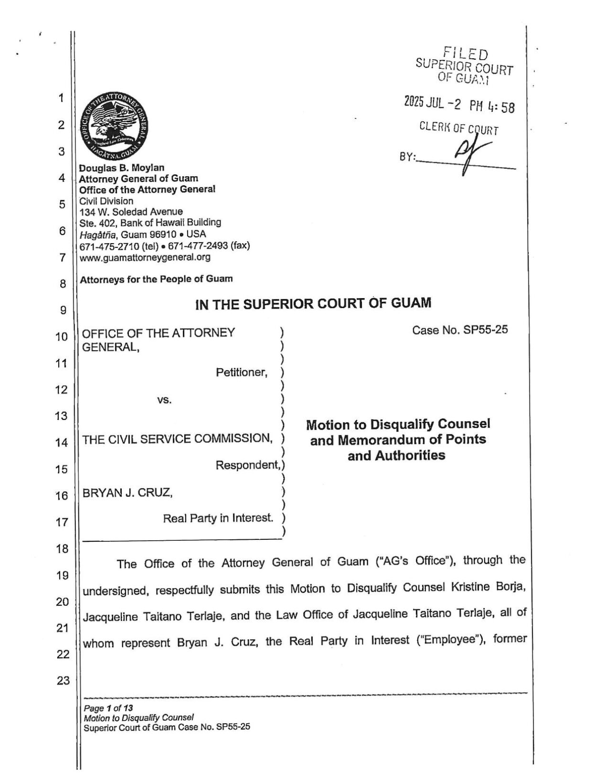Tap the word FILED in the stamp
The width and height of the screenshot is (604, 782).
click(x=465, y=54)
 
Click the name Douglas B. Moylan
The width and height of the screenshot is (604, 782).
click(x=122, y=168)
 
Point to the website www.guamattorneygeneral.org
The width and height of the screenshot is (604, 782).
click(x=145, y=257)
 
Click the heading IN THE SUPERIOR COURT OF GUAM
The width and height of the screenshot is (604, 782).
click(x=313, y=303)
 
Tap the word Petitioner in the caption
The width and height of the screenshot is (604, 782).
click(x=241, y=372)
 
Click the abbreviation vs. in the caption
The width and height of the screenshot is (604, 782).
click(x=164, y=400)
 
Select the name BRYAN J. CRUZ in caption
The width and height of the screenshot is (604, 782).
click(x=127, y=492)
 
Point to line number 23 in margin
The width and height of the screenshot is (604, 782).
click(x=63, y=680)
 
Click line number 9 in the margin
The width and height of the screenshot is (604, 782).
click(x=63, y=311)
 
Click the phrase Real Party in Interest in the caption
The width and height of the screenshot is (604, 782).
click(x=218, y=518)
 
